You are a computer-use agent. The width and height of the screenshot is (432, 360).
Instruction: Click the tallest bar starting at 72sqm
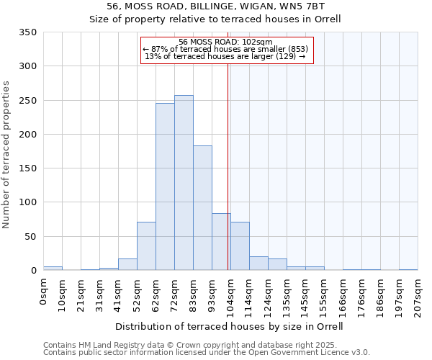pyautogui.click(x=184, y=183)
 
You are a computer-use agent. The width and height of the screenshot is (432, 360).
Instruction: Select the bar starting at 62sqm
pyautogui.click(x=165, y=186)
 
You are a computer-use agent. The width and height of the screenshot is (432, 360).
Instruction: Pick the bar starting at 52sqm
pyautogui.click(x=146, y=246)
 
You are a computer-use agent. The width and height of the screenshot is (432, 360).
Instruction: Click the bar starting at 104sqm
pyautogui.click(x=240, y=246)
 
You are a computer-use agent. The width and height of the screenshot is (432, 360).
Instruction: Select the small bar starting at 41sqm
pyautogui.click(x=127, y=264)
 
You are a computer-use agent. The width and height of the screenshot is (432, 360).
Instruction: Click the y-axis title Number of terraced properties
pyautogui.click(x=6, y=155)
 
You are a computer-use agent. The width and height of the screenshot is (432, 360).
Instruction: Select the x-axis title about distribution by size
pyautogui.click(x=229, y=326)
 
